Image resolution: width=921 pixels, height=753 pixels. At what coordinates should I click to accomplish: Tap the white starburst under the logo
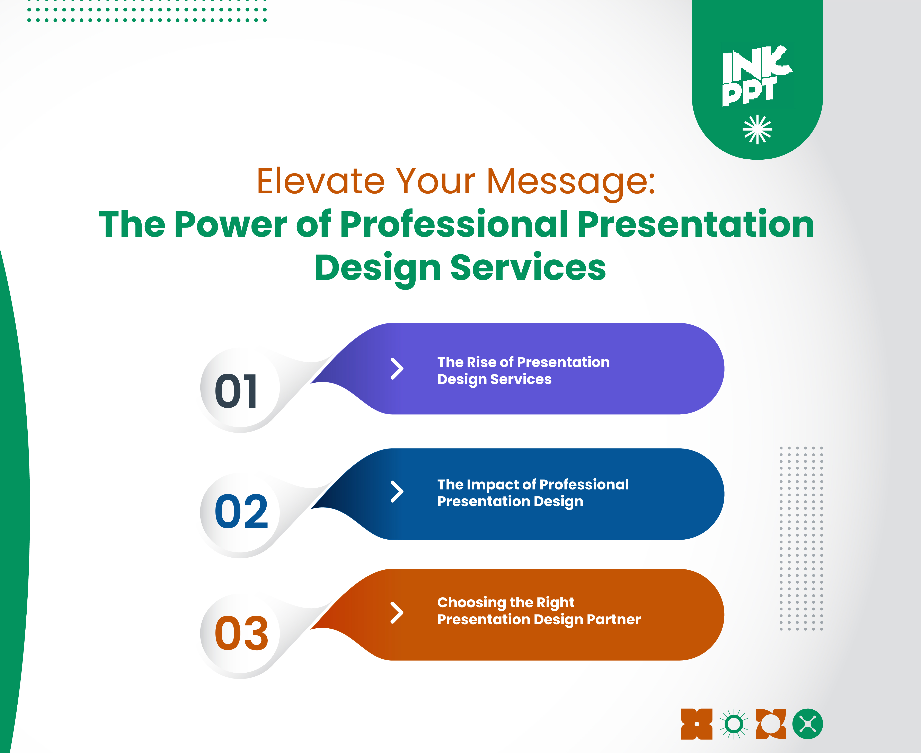758,129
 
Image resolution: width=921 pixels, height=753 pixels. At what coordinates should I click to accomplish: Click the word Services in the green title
528,268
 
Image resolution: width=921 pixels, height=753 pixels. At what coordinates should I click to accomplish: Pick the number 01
237,391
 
